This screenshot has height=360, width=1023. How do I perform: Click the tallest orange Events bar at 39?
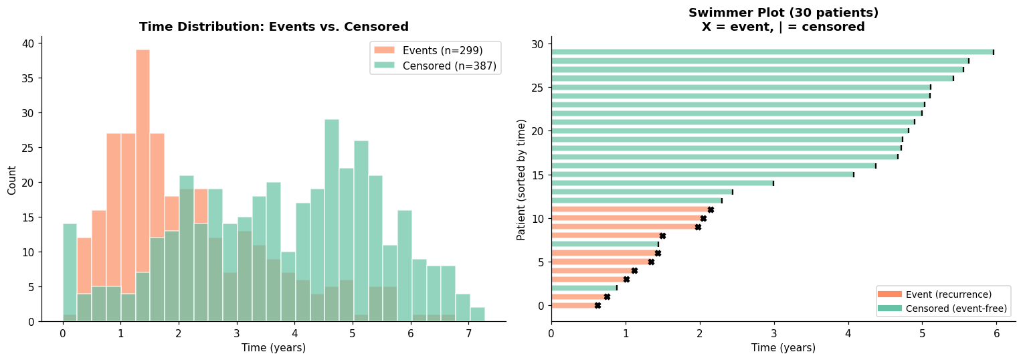pyautogui.click(x=143, y=185)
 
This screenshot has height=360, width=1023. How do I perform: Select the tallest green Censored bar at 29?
pyautogui.click(x=332, y=221)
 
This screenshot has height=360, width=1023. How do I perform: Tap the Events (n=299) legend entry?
pyautogui.click(x=428, y=50)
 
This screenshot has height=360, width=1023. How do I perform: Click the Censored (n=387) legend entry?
pyautogui.click(x=435, y=66)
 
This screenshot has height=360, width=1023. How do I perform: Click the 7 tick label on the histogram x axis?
pyautogui.click(x=468, y=333)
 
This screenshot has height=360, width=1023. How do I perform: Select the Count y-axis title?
pyautogui.click(x=11, y=181)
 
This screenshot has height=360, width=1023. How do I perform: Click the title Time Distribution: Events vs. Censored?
pyautogui.click(x=274, y=27)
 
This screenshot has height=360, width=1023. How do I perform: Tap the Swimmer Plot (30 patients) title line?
pyautogui.click(x=783, y=12)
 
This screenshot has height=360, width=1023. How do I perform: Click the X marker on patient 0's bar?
pyautogui.click(x=597, y=305)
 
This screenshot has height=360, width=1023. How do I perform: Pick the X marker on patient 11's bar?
pyautogui.click(x=711, y=209)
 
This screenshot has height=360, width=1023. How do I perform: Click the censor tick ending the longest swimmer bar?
pyautogui.click(x=994, y=52)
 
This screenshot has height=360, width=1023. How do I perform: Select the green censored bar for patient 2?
pyautogui.click(x=584, y=288)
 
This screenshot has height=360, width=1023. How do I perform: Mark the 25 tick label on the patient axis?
pyautogui.click(x=539, y=87)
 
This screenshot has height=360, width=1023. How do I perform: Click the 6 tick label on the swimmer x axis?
pyautogui.click(x=996, y=333)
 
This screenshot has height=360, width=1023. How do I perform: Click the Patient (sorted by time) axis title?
pyautogui.click(x=521, y=179)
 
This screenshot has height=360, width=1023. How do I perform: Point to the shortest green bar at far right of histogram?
pyautogui.click(x=478, y=314)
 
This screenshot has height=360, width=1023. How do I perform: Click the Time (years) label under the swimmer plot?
pyautogui.click(x=783, y=348)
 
